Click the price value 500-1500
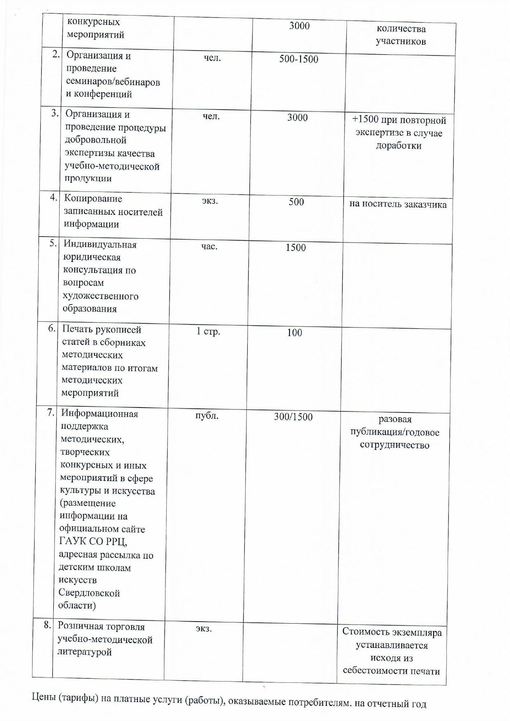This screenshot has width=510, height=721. coord(299,59)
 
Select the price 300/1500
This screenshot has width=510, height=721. coord(293,417)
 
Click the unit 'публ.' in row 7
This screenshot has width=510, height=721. coord(207,415)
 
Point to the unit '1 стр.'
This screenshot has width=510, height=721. coord(208,331)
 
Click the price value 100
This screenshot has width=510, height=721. coord(294,332)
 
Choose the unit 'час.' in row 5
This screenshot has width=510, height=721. coord(209,246)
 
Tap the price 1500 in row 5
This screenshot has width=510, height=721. coord(296,248)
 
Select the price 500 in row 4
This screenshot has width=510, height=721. coord(296,202)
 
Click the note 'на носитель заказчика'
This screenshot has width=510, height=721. coord(398,204)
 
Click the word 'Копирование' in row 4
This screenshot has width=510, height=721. coord(93,198)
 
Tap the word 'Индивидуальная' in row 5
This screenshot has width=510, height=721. coord(100,244)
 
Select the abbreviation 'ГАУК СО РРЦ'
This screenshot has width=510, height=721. coord(93,542)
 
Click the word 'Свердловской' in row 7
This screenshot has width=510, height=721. coord(89,593)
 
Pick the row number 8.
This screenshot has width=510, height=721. coord(48,625)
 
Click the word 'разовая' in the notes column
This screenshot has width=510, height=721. coord(395,419)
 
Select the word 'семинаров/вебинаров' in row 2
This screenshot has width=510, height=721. coord(113,82)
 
